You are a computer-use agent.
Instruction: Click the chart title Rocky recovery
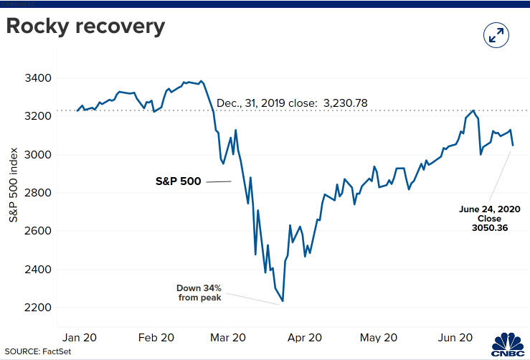pos(85,27)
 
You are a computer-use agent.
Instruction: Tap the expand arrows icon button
pos(496,35)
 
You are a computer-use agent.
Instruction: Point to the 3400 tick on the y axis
pos(38,78)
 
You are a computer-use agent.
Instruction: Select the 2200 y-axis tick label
pos(38,308)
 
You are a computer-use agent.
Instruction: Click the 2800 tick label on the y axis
pos(38,193)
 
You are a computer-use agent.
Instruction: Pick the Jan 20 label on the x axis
pos(80,337)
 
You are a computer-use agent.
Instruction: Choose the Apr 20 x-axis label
pos(305,337)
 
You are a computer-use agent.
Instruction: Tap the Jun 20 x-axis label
pos(455,337)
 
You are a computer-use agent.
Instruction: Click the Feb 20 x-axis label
pos(156,337)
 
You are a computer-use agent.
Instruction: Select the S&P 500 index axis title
pos(13,185)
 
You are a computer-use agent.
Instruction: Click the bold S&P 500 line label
pos(178,181)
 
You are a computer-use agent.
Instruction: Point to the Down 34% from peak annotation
pos(199,293)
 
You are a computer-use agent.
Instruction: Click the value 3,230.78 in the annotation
pos(346,103)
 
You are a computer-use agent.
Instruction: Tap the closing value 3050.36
pos(490,228)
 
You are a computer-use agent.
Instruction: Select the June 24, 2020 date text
pos(489,209)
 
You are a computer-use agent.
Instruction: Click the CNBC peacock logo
pos(508,345)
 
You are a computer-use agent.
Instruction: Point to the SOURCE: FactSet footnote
pos(38,351)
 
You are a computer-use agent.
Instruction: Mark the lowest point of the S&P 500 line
pos(283,301)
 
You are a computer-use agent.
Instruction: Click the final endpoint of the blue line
pos(513,146)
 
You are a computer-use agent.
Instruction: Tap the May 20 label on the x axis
pos(379,337)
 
